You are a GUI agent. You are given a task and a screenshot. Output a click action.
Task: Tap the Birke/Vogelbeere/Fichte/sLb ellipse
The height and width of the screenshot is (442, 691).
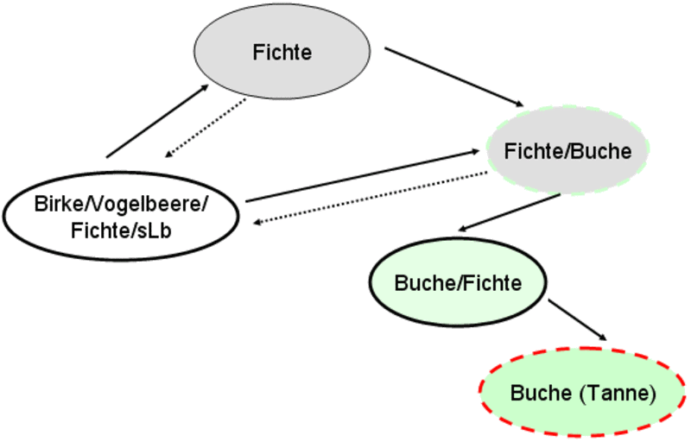tap(121, 216)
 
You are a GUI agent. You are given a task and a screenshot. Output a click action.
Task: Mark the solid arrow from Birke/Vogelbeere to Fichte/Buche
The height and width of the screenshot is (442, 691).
tap(363, 175)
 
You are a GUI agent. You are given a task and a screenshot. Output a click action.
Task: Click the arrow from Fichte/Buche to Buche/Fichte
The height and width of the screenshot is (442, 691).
tap(510, 212)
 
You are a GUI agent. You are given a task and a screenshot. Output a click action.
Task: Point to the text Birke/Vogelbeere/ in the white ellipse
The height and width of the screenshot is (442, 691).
tap(122, 204)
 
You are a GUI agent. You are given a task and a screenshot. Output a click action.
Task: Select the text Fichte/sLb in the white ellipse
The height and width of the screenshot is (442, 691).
tap(122, 229)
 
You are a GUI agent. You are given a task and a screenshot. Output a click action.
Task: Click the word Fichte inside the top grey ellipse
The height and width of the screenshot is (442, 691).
tap(282, 53)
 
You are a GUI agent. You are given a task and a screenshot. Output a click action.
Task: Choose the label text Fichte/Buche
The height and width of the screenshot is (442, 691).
tap(567, 151)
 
